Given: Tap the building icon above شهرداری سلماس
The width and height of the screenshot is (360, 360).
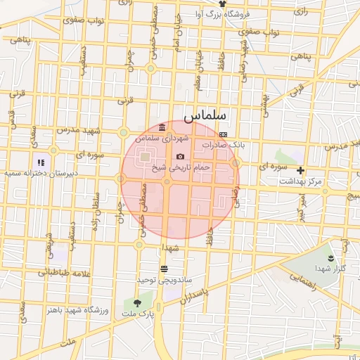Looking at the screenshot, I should [162, 127].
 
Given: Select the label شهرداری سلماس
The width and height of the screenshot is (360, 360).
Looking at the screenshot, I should [163, 139].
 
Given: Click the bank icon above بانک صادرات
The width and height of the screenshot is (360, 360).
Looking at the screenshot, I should [223, 134].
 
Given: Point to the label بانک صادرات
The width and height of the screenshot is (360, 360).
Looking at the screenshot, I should [224, 144].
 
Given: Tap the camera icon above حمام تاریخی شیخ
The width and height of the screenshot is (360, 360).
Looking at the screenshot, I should [181, 156].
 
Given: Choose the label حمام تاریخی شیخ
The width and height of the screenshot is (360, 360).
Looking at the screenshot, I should [181, 167].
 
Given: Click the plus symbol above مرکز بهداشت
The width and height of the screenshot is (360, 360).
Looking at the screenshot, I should [301, 170].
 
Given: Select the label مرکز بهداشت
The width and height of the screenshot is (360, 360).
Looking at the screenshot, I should [301, 181].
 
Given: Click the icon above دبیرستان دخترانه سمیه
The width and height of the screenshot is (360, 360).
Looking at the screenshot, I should [41, 162].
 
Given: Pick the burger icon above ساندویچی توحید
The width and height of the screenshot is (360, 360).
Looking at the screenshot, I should [164, 269].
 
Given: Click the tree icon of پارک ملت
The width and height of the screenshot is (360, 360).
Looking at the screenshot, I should [136, 303].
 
